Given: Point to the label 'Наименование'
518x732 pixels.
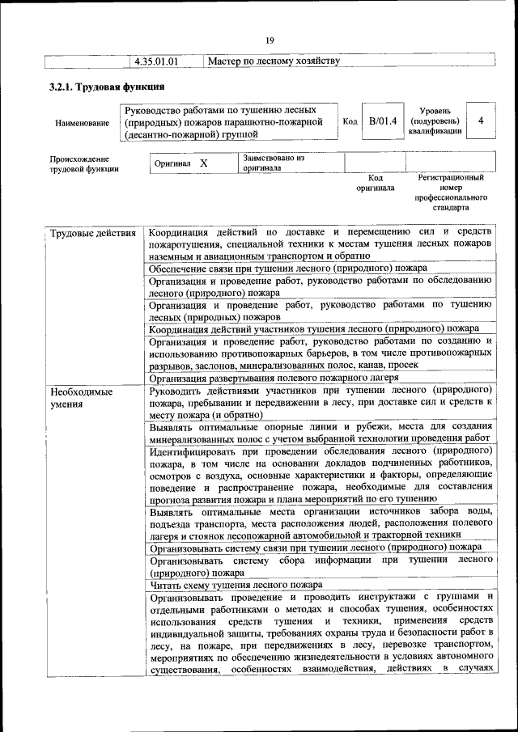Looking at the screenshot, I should [x=82, y=123].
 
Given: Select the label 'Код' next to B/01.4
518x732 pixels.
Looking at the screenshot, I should [x=350, y=121].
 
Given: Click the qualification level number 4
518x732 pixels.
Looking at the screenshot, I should [x=481, y=121].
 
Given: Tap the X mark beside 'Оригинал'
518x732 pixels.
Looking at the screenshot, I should [x=204, y=163].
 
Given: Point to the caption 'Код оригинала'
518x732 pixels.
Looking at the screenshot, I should [x=376, y=183].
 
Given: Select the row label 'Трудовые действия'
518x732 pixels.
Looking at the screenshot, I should [x=92, y=234].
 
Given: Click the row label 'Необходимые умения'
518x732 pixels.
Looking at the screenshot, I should [x=81, y=398].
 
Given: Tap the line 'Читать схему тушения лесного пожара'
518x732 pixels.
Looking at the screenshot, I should [x=236, y=584].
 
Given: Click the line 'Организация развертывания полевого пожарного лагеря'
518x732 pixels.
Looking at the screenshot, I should [x=274, y=378].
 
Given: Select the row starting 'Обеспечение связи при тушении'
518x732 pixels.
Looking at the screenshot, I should [x=287, y=269].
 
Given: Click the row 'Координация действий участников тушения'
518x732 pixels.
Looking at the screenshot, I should [x=314, y=328].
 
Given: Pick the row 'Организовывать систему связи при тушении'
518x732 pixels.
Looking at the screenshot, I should [x=316, y=547].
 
